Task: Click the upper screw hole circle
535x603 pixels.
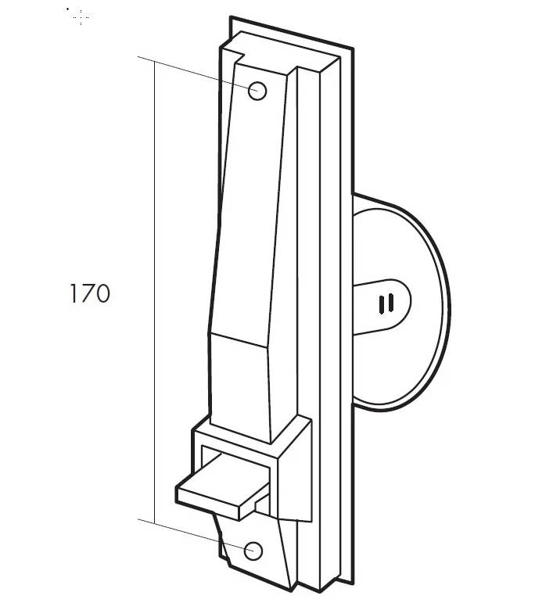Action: (x=257, y=92)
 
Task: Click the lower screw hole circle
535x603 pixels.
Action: (x=253, y=551)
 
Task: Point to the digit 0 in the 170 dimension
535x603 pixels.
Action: (x=102, y=293)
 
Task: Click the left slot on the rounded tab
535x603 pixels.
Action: (x=382, y=304)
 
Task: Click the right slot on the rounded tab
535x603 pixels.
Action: (x=391, y=302)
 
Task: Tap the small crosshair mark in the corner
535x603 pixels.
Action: (x=81, y=17)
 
